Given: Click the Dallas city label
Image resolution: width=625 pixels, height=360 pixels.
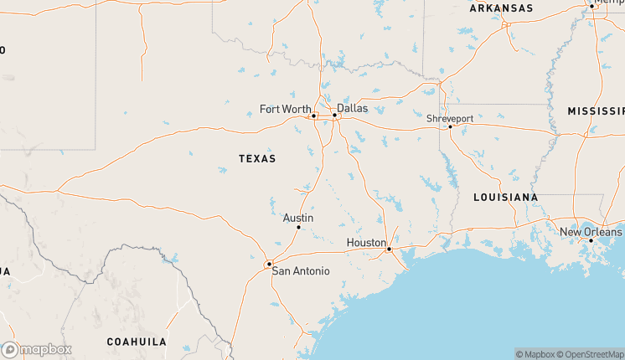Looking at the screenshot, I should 352,108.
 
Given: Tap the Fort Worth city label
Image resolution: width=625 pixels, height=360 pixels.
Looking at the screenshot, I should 285,109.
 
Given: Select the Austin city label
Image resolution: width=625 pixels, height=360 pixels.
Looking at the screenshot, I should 298,218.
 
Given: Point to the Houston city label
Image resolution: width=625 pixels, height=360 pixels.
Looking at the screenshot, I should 366,243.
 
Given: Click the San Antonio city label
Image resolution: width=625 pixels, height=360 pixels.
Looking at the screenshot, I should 300,271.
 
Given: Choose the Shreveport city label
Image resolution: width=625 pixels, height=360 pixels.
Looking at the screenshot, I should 450,119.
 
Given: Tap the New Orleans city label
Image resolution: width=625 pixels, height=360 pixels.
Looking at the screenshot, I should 591,232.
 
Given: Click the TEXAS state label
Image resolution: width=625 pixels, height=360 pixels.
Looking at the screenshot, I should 257,158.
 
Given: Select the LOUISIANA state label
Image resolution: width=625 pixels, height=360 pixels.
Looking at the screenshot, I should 505,198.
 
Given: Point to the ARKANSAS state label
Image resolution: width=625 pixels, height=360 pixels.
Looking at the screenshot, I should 501,8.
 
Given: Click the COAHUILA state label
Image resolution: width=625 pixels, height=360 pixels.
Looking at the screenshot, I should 137,342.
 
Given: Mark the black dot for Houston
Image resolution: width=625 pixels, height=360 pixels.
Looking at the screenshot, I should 389,249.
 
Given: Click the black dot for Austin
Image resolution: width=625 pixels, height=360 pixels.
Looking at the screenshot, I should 298,227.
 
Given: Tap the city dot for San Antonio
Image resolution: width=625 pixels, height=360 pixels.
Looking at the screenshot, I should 269,265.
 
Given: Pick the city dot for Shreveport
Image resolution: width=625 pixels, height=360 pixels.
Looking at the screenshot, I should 450,127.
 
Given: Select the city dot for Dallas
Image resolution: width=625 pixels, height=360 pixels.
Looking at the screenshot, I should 334,116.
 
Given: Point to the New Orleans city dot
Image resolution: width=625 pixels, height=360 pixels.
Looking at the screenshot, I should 591,240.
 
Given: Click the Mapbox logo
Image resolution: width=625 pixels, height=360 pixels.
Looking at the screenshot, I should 37,349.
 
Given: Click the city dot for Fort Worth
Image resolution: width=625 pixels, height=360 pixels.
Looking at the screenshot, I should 313,116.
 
